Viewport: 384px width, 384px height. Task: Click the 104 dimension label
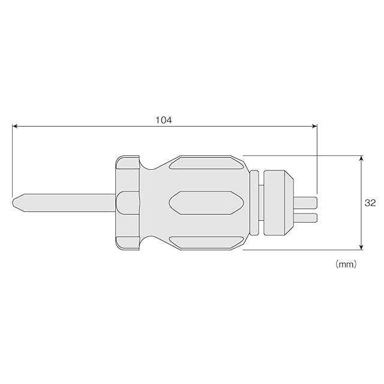click(164, 120)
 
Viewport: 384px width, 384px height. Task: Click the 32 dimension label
click(370, 203)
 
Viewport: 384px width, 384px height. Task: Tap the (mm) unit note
click(346, 264)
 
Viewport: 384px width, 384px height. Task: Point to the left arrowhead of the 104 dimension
click(15, 126)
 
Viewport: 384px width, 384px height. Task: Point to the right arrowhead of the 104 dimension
click(314, 126)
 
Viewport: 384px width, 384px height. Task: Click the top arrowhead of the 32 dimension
click(361, 158)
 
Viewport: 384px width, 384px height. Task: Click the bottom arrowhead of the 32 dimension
click(361, 247)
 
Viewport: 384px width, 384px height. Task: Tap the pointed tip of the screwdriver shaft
click(13, 203)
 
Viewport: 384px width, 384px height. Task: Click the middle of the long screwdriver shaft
click(64, 203)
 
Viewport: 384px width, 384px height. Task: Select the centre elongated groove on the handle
click(206, 203)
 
